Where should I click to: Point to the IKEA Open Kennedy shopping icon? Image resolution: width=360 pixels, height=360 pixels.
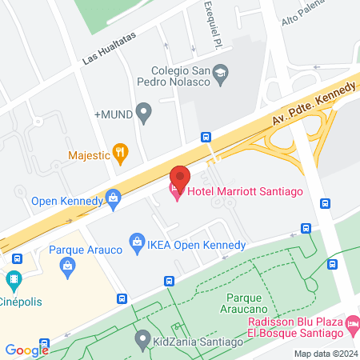pyautogui.click(x=135, y=239)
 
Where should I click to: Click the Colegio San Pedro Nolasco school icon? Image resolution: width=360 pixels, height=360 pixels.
pyautogui.click(x=221, y=74)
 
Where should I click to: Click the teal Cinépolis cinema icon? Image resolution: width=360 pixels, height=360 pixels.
pyautogui.click(x=12, y=282)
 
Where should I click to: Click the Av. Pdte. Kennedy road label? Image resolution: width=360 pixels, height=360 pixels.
pyautogui.click(x=314, y=105)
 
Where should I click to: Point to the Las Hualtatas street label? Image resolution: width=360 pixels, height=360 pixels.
pyautogui.click(x=110, y=49)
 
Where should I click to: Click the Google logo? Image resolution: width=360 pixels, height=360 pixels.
pyautogui.click(x=27, y=350)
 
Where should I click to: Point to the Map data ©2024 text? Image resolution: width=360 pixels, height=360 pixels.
pyautogui.click(x=325, y=354)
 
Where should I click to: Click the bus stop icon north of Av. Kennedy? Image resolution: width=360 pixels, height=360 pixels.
pyautogui.click(x=206, y=137)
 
